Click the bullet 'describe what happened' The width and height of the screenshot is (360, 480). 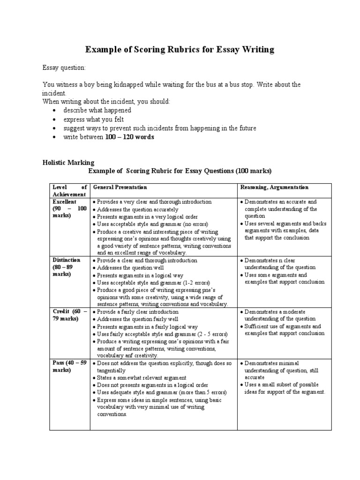click(97, 111)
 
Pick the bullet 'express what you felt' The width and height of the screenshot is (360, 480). click(94, 120)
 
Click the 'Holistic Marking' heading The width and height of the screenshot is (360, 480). click(68, 163)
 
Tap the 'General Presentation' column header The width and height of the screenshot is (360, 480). click(120, 187)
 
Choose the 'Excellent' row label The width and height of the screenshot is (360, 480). click(64, 202)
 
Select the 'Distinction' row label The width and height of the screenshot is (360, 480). click(66, 260)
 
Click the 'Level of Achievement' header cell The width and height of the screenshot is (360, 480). click(69, 191)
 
